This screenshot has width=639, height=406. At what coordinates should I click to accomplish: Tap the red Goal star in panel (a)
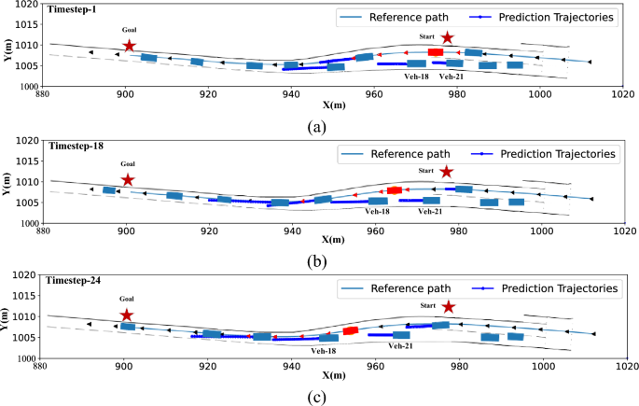tap(129, 46)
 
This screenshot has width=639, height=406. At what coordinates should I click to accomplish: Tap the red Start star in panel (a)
tap(448, 38)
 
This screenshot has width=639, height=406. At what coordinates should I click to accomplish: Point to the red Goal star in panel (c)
tap(127, 315)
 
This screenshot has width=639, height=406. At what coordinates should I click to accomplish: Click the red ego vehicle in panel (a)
tap(436, 52)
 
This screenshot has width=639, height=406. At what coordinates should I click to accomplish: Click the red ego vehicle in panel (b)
tap(395, 190)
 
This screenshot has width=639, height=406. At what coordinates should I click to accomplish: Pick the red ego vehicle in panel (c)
tap(351, 330)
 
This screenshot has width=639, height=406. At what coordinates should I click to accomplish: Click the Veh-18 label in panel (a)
tap(416, 77)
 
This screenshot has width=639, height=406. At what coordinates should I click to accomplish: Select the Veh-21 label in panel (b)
tap(430, 212)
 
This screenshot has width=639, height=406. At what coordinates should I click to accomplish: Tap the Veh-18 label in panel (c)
tap(324, 351)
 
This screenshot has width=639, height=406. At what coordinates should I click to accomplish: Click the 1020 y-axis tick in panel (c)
tap(20, 275)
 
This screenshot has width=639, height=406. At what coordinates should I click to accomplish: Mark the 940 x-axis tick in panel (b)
tap(292, 233)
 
